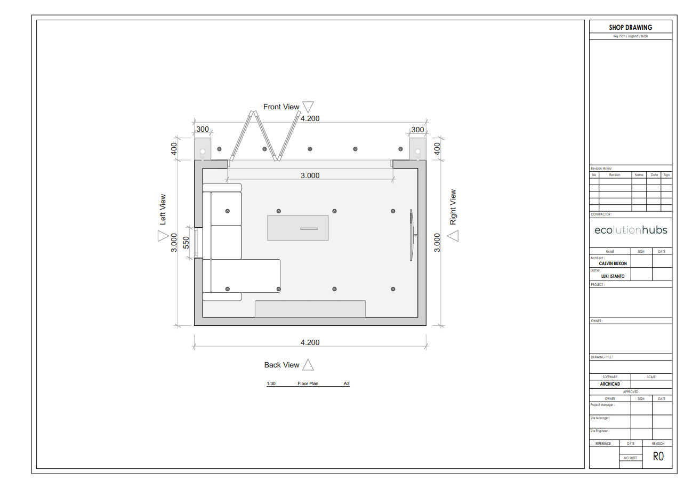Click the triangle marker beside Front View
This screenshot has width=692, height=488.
click(x=308, y=107)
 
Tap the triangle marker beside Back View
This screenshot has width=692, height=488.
click(x=308, y=365)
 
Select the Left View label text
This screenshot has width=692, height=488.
click(x=163, y=209)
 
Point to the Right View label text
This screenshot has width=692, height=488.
click(x=453, y=207)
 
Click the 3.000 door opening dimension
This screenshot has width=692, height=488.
click(x=310, y=175)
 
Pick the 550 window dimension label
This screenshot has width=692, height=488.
click(x=186, y=243)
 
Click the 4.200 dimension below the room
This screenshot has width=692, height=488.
click(x=310, y=342)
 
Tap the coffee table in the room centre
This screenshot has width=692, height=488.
click(x=298, y=228)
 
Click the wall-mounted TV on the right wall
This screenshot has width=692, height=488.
click(x=413, y=235)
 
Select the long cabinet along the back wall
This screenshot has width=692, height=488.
click(x=310, y=309)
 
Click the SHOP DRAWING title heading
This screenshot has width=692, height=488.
click(x=631, y=28)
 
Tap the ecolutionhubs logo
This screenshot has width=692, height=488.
click(x=631, y=230)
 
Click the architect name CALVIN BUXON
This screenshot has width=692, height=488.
click(x=613, y=263)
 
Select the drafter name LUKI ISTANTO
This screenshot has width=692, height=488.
click(x=613, y=276)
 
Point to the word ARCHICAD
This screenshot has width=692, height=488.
click(x=610, y=384)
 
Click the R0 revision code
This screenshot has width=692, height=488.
click(x=658, y=456)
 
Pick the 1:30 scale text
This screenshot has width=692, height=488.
click(x=271, y=383)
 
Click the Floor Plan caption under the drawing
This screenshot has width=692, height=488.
click(x=308, y=383)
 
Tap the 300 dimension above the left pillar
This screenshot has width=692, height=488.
click(x=203, y=129)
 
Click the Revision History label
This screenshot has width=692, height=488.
click(x=601, y=169)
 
